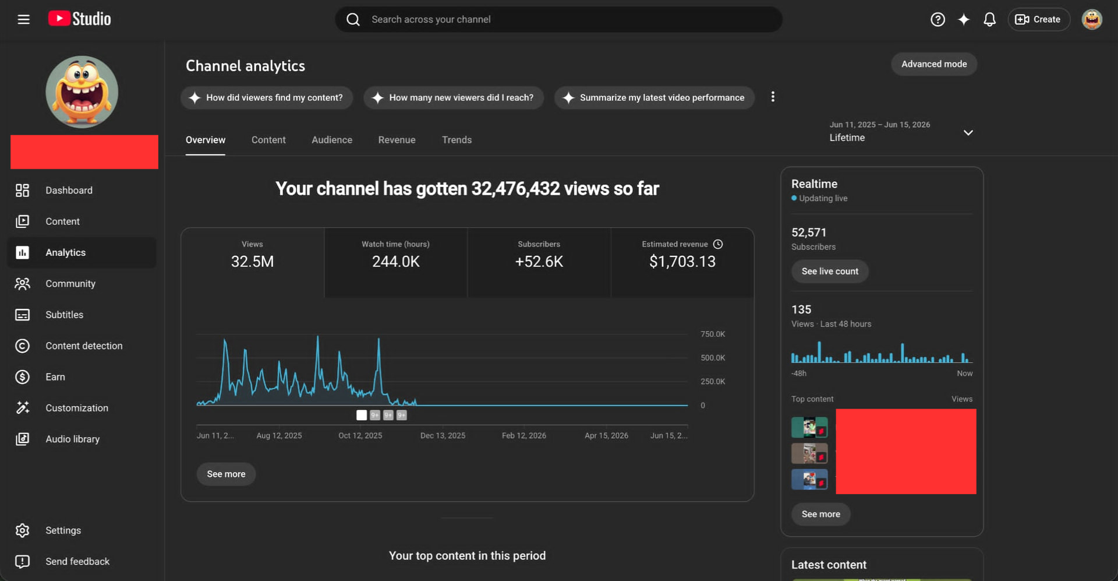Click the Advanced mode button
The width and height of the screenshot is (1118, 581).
click(934, 64)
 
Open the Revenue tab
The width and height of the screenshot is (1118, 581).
click(397, 140)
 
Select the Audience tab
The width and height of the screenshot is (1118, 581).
click(332, 140)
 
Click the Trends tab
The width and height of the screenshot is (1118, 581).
click(457, 140)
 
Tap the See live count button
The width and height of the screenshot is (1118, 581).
click(830, 272)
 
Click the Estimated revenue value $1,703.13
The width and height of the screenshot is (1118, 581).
click(682, 262)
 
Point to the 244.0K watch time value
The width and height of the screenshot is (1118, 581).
click(396, 262)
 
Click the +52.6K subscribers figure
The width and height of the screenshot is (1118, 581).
click(539, 262)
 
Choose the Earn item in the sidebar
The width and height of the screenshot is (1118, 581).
click(55, 377)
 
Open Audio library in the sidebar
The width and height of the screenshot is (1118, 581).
click(73, 439)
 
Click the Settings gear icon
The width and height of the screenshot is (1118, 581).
click(22, 530)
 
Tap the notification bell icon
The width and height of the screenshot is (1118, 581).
click(989, 20)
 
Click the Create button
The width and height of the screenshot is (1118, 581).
click(1039, 19)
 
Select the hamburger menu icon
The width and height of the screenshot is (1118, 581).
click(23, 19)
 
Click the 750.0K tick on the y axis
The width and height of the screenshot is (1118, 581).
click(713, 334)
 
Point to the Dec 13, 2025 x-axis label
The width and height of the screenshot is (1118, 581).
click(443, 435)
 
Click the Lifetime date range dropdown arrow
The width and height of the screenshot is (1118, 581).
click(968, 133)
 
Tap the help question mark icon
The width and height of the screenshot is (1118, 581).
click(937, 20)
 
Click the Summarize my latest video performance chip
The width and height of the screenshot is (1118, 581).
click(654, 98)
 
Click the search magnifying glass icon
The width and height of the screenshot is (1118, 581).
click(353, 20)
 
